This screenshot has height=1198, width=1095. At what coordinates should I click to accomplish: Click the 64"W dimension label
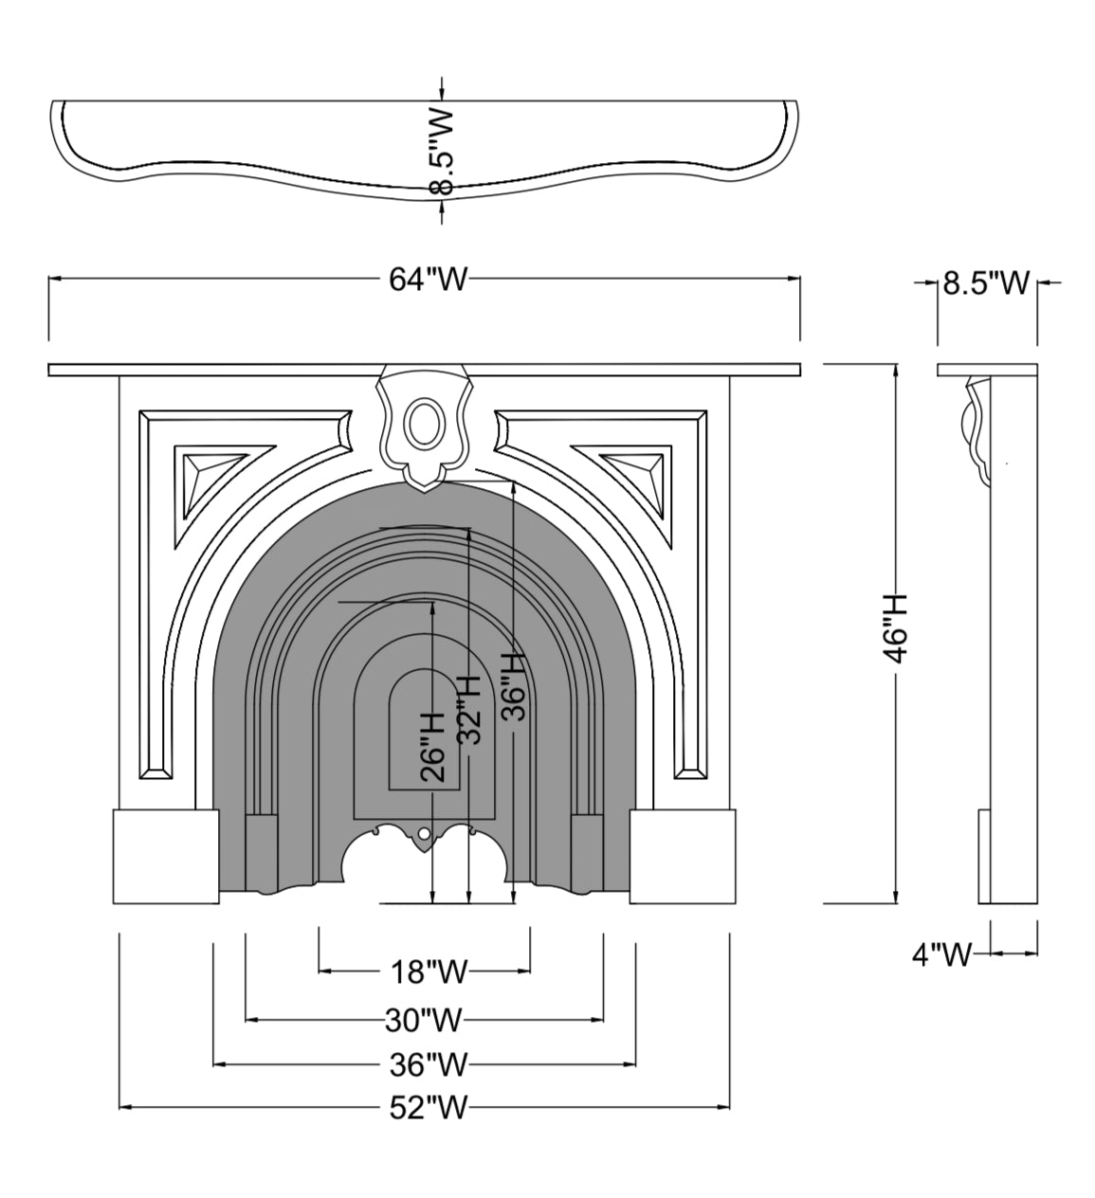coord(428,279)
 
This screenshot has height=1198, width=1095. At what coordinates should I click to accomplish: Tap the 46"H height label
coord(896,629)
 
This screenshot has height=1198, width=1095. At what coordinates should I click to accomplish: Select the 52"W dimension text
coord(428,1108)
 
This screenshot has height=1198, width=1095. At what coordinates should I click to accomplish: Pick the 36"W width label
coord(428,1064)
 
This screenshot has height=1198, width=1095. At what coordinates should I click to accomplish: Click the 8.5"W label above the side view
coord(986,283)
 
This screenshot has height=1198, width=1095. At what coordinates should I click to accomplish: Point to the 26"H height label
coord(432,747)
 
